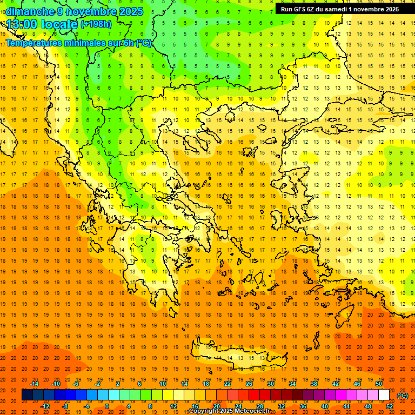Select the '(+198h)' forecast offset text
click(96, 24)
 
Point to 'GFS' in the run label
click(299, 9)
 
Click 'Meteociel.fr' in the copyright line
click(252, 411)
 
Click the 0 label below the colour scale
click(107, 406)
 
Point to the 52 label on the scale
click(390, 406)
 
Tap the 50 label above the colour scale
click(378, 384)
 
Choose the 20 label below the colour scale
click(216, 406)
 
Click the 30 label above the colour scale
click(270, 384)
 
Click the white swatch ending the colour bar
click(384, 395)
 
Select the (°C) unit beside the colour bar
click(403, 396)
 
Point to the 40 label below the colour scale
click(325, 406)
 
